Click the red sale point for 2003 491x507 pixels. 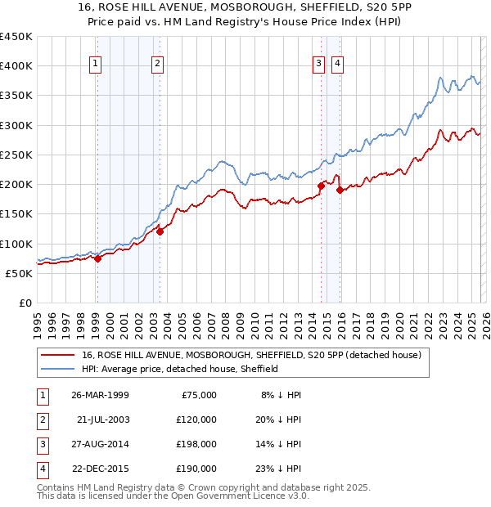point(160,231)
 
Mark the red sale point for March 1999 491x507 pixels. point(97,258)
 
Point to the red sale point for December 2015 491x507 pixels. point(340,191)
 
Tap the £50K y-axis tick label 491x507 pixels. point(20,273)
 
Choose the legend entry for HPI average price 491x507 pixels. point(180,369)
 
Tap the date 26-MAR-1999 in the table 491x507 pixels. point(100,395)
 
